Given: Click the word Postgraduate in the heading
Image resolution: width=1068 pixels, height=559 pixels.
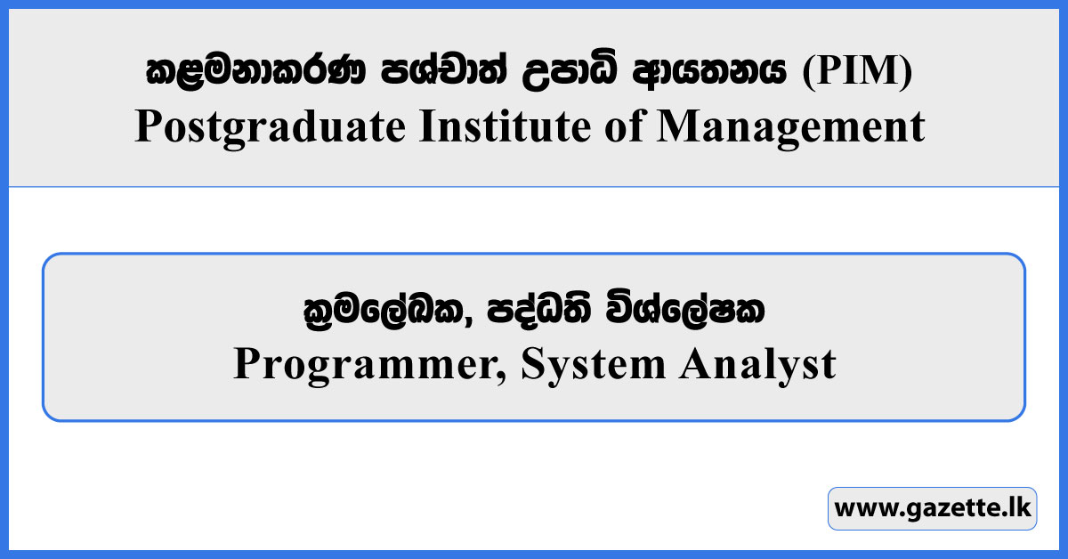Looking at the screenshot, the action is coord(271,127).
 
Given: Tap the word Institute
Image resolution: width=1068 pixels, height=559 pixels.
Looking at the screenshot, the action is coord(505,126).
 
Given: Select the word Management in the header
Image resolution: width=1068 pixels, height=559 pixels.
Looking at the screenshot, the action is coord(791,127).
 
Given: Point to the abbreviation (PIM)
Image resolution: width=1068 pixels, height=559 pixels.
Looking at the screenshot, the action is coord(857,70).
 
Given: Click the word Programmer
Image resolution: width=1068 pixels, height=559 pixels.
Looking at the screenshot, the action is coord(364,364).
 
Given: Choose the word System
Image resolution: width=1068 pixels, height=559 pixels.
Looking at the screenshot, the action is coord(593,364).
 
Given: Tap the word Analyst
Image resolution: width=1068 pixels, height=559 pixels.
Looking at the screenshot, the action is coord(757,364).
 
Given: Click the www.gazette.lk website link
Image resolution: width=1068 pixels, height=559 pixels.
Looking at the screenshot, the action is coord(933,508).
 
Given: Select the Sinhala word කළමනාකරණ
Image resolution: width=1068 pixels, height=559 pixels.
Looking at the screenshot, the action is coord(255,70).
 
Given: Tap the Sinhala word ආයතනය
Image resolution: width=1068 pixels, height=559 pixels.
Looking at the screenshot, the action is coord(709,70).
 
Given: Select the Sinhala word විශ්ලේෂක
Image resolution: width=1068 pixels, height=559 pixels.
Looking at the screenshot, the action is coord(685,309).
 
